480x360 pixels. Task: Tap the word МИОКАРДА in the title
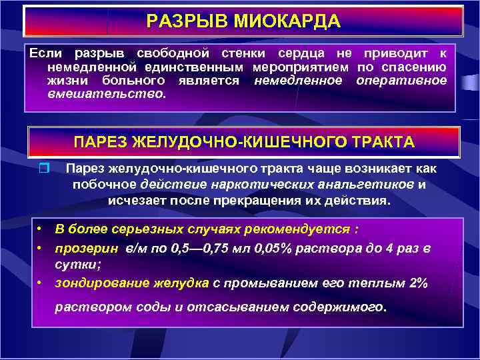(x=287, y=22)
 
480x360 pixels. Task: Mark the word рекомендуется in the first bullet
(x=301, y=230)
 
